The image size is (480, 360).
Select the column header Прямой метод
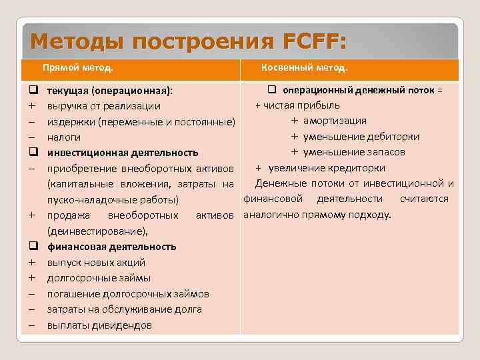78,68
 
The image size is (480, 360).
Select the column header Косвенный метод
304,68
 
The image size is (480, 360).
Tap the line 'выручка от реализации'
103,105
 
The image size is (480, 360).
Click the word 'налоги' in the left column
63,137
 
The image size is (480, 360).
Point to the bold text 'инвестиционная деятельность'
123,152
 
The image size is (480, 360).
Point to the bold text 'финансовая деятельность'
111,247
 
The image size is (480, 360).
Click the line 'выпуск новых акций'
96,262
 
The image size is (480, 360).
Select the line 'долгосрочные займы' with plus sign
98,278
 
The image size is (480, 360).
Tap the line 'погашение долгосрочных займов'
127,294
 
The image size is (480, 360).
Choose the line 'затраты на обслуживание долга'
124,309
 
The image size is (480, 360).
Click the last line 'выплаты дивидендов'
99,325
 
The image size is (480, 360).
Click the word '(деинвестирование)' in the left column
97,231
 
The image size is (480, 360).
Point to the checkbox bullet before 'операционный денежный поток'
272,89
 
